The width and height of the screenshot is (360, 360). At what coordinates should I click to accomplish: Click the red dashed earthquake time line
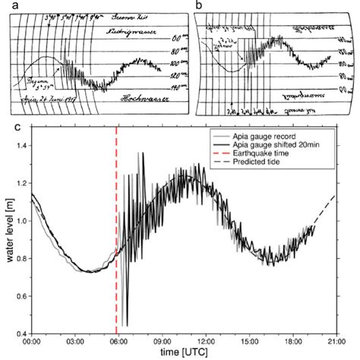pyautogui.click(x=116, y=228)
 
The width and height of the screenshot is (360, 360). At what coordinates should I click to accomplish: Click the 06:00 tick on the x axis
pyautogui.click(x=116, y=333)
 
